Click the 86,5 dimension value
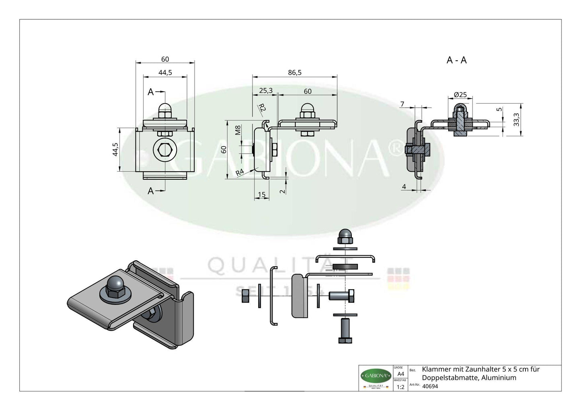pos(295,72)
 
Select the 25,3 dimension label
pos(266,91)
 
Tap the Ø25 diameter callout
pos(460,95)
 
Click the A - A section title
pos(456,60)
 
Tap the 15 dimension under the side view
pos(261,195)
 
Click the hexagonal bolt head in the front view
pos(165,150)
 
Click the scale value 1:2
pos(400,387)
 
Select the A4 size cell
pos(400,374)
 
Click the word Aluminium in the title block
pos(499,378)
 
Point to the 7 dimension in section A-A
pos(402,104)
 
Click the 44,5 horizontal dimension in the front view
pos(165,72)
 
